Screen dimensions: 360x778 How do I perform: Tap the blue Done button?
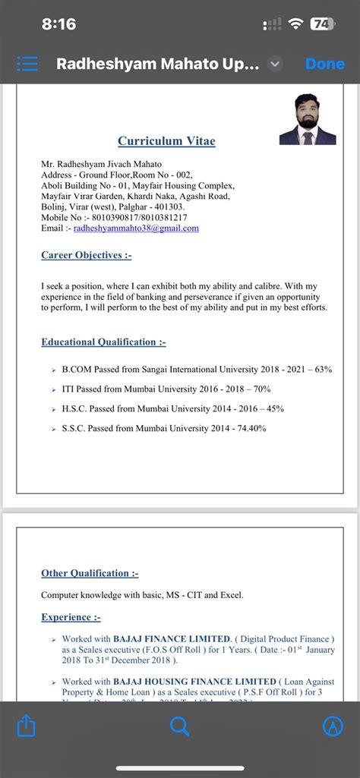pos(325,65)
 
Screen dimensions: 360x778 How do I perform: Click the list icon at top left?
pos(27,65)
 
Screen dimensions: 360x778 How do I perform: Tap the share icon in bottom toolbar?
pos(26,726)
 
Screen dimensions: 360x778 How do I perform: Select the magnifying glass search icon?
pos(179,726)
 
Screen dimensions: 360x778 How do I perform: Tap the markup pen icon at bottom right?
pos(333,726)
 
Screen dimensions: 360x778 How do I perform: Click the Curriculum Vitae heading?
pos(166,141)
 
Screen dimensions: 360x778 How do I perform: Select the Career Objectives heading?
pos(86,255)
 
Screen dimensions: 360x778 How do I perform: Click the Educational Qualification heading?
pos(103,342)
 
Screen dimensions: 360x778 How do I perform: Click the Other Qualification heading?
pos(90,573)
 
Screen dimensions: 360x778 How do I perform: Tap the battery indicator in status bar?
pos(322,24)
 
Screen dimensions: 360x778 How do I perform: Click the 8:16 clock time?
pos(58,24)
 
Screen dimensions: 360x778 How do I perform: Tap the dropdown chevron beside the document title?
pos(276,65)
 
